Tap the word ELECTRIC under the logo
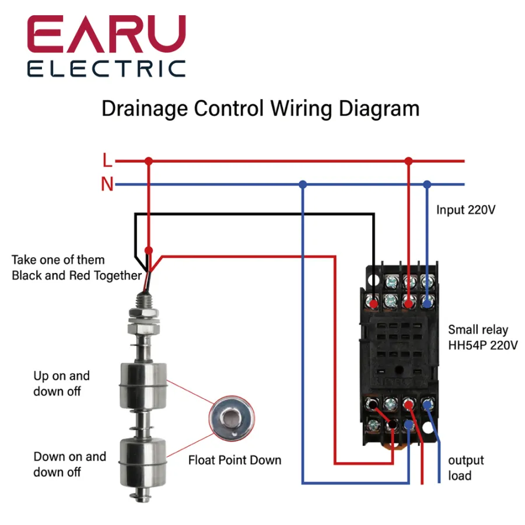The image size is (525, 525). [x=106, y=69]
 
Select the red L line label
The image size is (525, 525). [x=107, y=160]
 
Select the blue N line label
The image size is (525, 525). [x=107, y=185]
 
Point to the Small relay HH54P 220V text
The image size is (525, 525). [x=482, y=337]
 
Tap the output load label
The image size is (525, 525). [x=466, y=468]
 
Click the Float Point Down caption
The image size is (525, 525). [x=235, y=460]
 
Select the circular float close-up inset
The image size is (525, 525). [x=232, y=417]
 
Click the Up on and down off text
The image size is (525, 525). [x=61, y=383]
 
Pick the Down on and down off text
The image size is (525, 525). [x=69, y=464]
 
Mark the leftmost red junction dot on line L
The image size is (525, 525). [x=148, y=160]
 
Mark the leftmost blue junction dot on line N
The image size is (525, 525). [x=302, y=184]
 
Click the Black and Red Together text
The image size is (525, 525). [x=76, y=275]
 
